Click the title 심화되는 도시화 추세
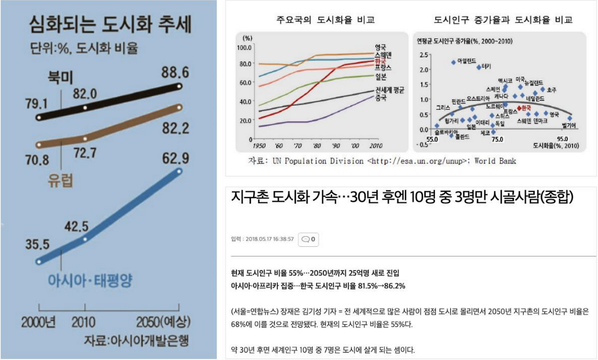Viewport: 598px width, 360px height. (x=110, y=24)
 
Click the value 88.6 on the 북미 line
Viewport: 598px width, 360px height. (x=175, y=73)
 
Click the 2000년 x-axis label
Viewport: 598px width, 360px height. (x=39, y=323)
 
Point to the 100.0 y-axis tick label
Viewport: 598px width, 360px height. (x=244, y=47)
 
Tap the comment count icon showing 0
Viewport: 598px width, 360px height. (x=308, y=239)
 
